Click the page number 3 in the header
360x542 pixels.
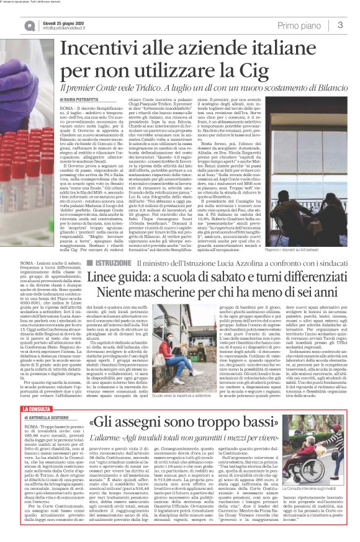pos(341,25)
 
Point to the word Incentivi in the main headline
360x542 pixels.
pos(99,50)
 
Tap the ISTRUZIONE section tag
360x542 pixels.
pos(113,264)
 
